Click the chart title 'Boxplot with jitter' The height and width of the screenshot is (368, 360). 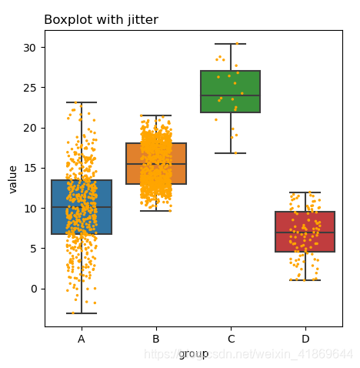(x=101, y=19)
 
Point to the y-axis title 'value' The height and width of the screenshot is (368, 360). (x=13, y=179)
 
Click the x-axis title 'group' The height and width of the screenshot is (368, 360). (x=193, y=353)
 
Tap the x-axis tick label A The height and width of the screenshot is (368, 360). (x=82, y=339)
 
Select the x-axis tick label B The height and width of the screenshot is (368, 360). (x=156, y=339)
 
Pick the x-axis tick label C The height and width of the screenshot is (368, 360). (x=231, y=339)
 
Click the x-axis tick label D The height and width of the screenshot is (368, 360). (x=305, y=339)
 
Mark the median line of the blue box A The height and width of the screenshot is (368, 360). (x=82, y=207)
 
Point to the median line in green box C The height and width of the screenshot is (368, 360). (x=231, y=95)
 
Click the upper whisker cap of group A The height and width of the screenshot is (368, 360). (x=82, y=102)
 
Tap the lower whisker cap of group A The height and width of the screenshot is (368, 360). (x=82, y=313)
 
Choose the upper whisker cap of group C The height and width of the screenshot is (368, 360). (x=231, y=44)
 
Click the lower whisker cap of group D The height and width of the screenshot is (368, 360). (x=305, y=280)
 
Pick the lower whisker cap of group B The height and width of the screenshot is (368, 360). (x=156, y=211)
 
